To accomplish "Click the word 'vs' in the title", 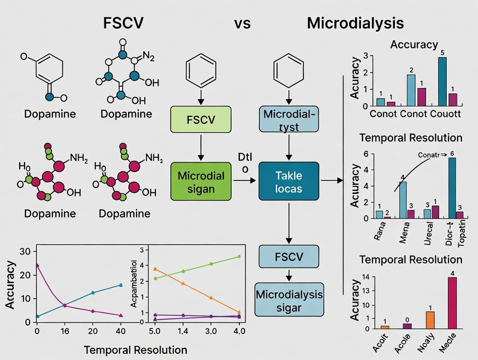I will pos(242,23).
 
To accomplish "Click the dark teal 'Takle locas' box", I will pos(288,181).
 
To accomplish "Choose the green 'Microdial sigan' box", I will pos(201,181).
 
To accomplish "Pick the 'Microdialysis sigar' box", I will pos(289,301).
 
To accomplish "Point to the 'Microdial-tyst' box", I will pos(288,120).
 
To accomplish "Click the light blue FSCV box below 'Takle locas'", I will pos(289,257).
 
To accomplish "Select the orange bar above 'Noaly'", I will pos(430,320).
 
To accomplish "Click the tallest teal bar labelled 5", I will pos(442,81).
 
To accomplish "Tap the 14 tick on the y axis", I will pos(366,277).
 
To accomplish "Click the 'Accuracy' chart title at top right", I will pos(413,44).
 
